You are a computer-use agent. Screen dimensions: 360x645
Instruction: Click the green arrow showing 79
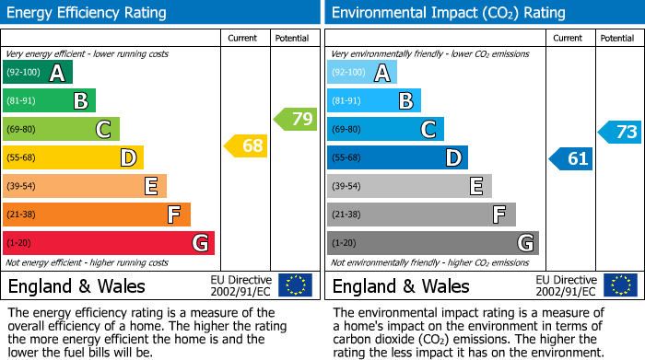click(296, 119)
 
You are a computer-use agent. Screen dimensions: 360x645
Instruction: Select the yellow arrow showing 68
click(247, 145)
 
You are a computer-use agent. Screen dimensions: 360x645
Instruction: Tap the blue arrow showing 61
click(571, 158)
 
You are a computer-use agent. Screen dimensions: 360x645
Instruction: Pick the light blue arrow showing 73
click(620, 132)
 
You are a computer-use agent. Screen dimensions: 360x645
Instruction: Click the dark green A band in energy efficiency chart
click(38, 73)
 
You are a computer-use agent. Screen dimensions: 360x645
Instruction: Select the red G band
click(109, 243)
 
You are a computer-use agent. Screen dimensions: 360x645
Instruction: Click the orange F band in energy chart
click(97, 215)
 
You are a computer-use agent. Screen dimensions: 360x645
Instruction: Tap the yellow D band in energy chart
click(73, 157)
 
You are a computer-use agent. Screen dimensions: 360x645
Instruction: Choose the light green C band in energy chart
click(61, 129)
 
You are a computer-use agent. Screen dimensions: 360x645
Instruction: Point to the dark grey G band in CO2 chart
click(432, 243)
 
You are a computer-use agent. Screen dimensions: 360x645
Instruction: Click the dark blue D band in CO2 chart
click(397, 157)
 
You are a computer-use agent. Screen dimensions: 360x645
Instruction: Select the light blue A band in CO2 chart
click(362, 73)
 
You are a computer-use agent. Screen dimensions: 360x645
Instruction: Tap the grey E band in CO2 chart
click(409, 186)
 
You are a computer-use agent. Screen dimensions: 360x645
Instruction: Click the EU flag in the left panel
click(295, 285)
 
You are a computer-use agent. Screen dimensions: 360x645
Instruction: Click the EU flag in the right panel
click(619, 285)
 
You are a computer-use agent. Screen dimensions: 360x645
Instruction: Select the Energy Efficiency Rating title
click(88, 13)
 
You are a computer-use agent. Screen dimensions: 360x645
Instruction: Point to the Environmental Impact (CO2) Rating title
click(448, 13)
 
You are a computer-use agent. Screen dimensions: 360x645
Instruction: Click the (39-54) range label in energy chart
click(22, 186)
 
